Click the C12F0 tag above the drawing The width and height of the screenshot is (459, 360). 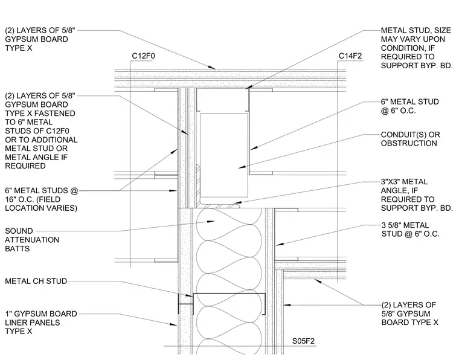coord(144,56)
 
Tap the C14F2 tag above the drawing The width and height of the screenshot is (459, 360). coord(350,56)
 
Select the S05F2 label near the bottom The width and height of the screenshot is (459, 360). coord(303,341)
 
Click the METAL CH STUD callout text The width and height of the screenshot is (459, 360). coord(36,281)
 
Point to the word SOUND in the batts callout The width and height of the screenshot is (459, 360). coord(19,231)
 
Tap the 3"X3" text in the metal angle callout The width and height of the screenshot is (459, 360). coord(392,182)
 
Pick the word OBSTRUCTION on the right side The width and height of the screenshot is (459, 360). coord(409,143)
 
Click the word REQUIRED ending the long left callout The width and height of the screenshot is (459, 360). coord(25,166)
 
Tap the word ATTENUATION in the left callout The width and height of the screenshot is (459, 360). coord(32,240)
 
